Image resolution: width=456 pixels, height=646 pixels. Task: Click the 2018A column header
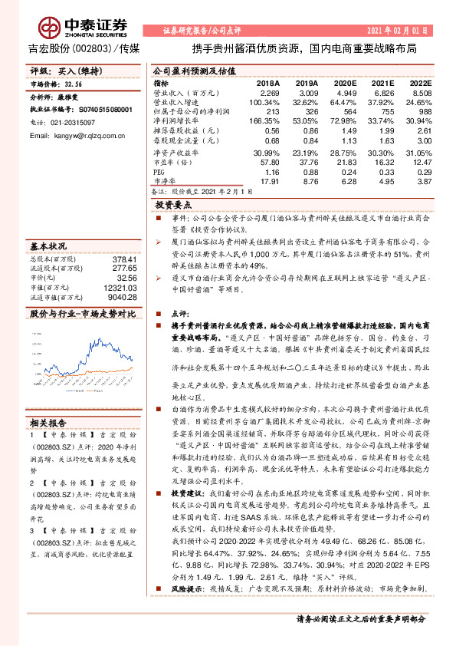click(x=267, y=82)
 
